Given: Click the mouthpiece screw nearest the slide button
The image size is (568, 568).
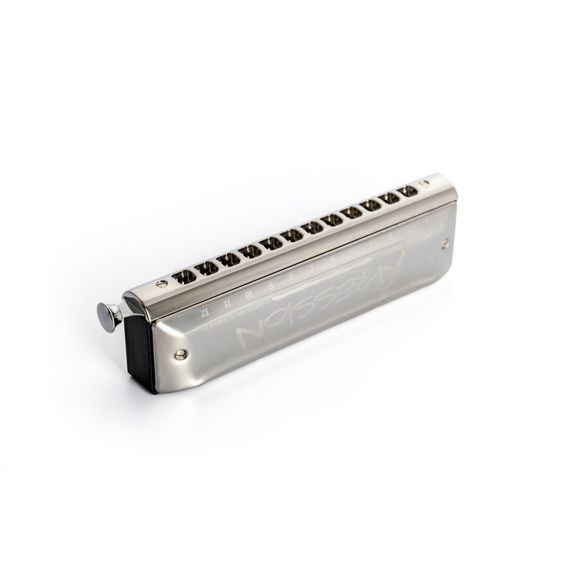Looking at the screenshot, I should pyautogui.click(x=162, y=283).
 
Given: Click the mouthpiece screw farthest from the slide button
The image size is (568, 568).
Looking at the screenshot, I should pyautogui.click(x=424, y=183).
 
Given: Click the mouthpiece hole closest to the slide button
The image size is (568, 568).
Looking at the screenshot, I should pyautogui.click(x=184, y=275).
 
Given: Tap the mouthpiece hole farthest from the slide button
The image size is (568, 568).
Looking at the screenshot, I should pyautogui.click(x=408, y=191).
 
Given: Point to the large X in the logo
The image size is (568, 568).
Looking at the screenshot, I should pyautogui.click(x=387, y=271).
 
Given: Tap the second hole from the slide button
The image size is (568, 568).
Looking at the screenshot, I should pyautogui.click(x=207, y=267).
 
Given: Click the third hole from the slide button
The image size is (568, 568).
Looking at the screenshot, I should pyautogui.click(x=228, y=259).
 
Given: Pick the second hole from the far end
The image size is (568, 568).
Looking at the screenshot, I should pyautogui.click(x=388, y=198).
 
